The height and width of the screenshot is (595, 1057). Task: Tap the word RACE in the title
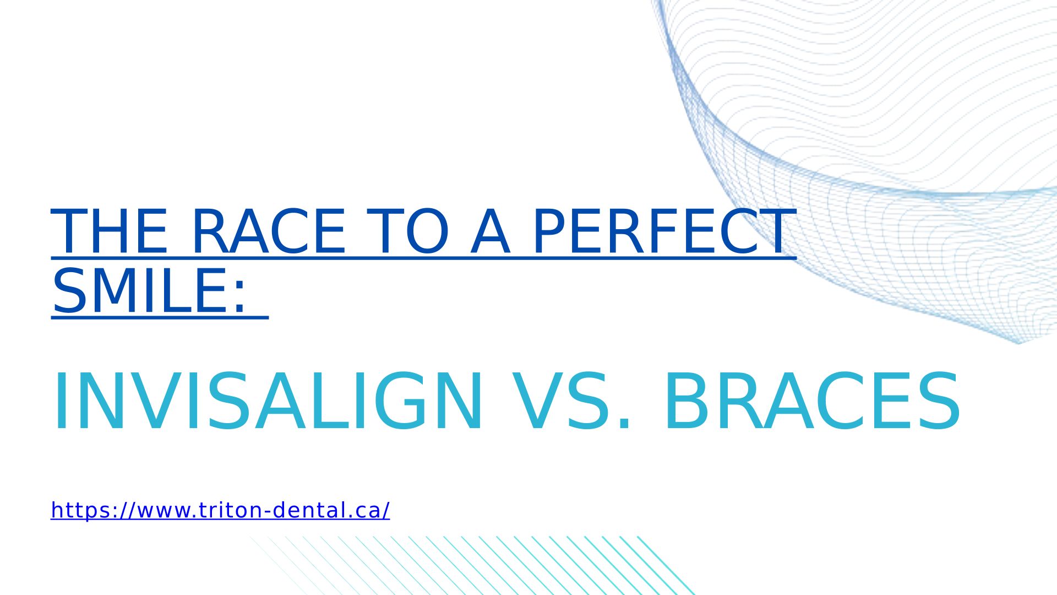pos(269,231)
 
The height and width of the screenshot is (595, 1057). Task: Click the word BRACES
pos(812,401)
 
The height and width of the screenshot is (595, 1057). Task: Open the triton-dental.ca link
pos(220,510)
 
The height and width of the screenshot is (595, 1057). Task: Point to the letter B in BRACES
pos(687,401)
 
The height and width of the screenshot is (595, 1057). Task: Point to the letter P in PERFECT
pos(551,231)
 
